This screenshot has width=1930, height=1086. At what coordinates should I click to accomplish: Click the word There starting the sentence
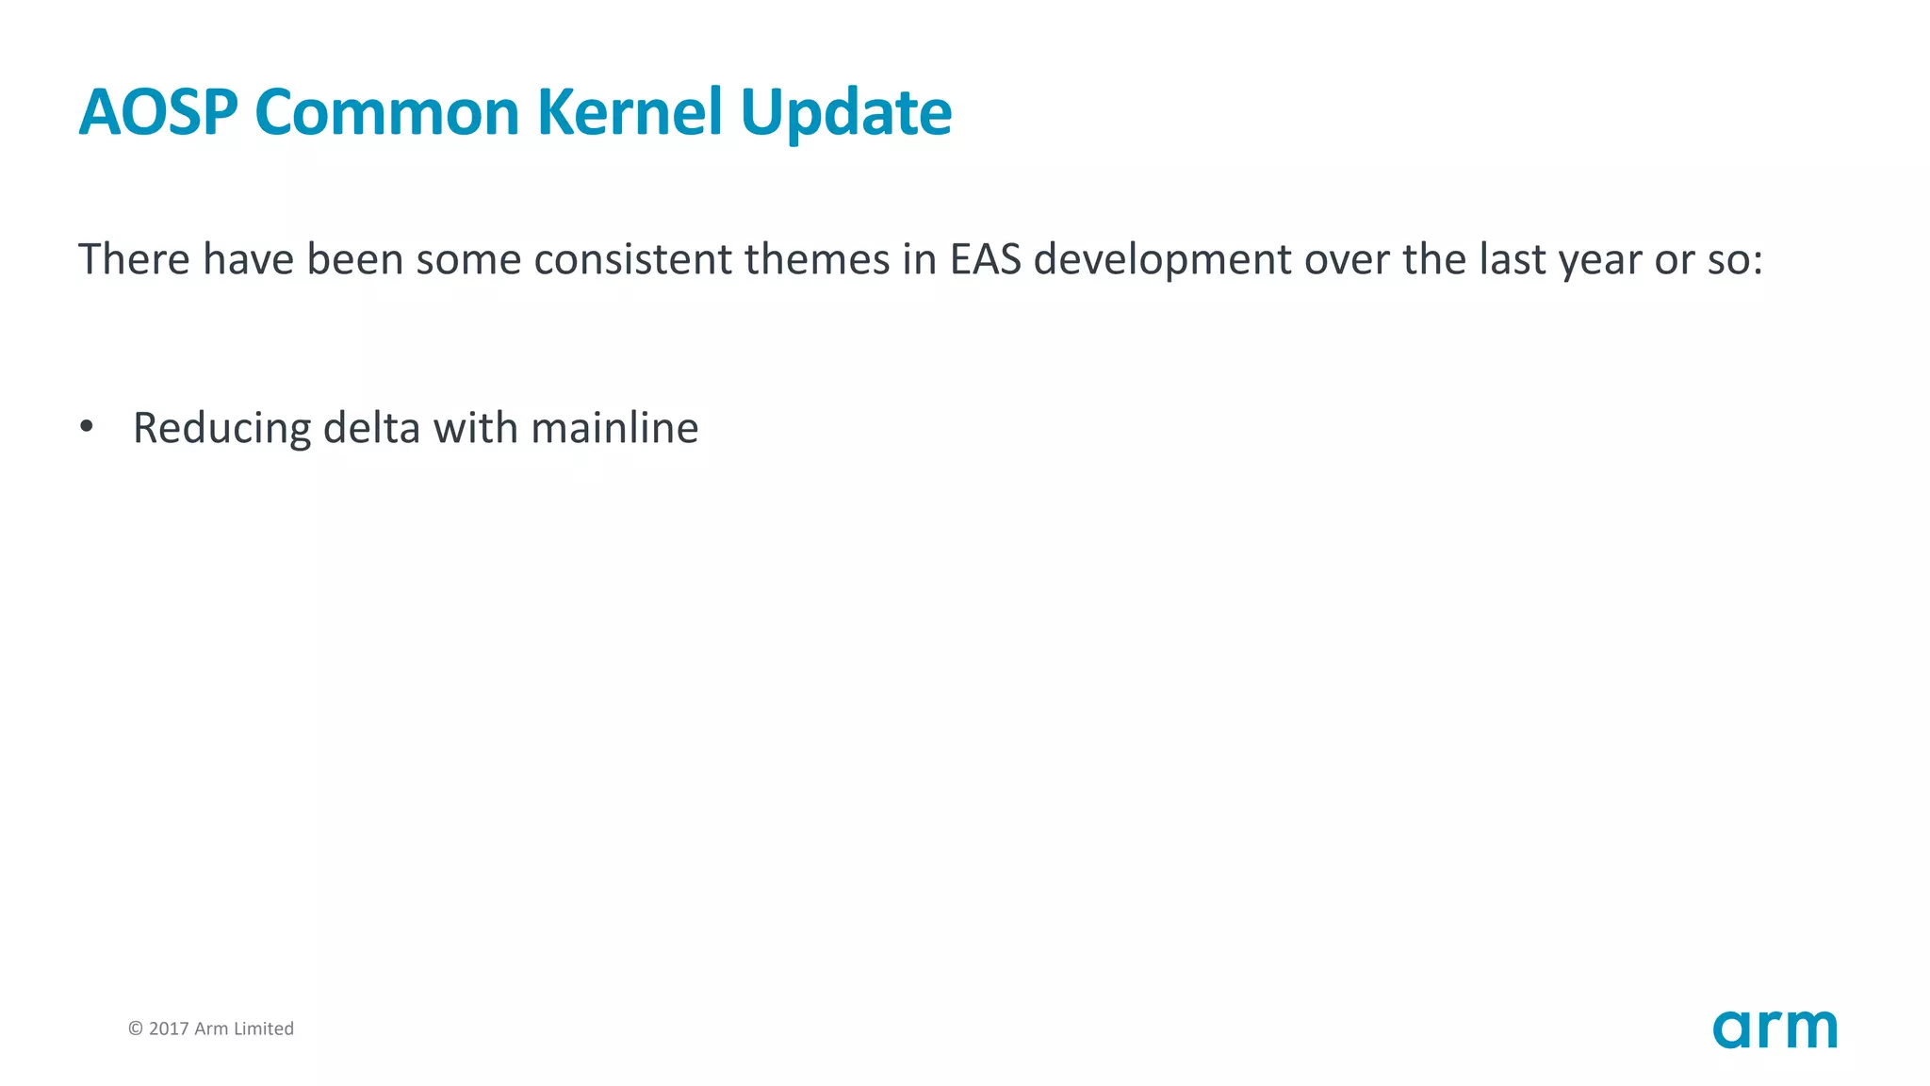(x=134, y=259)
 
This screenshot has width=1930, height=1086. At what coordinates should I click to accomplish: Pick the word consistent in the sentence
(x=632, y=259)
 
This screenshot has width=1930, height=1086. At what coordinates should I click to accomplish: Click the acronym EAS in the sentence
(x=985, y=259)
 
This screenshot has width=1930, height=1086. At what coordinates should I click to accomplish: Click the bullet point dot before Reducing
(x=87, y=427)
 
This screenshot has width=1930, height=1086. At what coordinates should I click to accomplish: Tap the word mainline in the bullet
(x=614, y=428)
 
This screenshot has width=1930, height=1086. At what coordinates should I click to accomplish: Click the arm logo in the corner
(x=1775, y=1028)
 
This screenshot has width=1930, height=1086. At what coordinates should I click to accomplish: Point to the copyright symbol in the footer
(x=136, y=1028)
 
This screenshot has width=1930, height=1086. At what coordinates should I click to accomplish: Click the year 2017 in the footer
(x=169, y=1028)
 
